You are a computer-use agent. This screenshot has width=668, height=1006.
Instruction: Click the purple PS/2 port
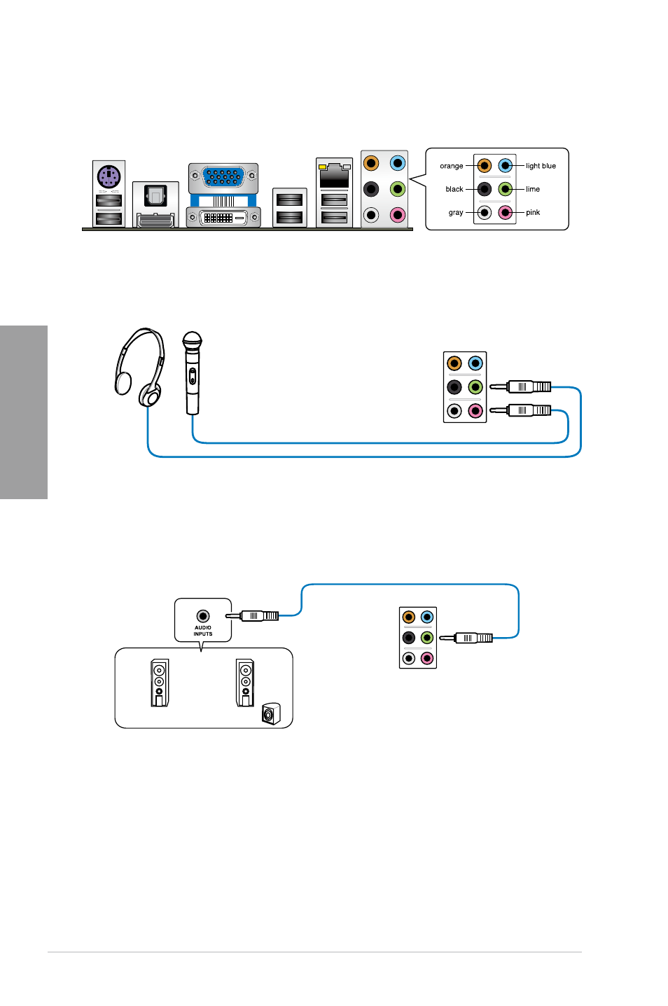tap(109, 176)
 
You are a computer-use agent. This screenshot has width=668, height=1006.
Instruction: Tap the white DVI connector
tap(223, 218)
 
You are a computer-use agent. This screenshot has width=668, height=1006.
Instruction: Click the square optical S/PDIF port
tap(155, 196)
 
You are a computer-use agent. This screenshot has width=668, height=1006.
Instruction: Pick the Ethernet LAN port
tap(334, 176)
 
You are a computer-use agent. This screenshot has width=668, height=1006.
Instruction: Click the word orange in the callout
tap(451, 166)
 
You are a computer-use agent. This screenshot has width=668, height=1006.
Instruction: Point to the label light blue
tap(541, 166)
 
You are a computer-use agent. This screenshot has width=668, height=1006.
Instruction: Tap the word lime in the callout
tap(533, 190)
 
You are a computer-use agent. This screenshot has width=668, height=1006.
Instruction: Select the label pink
tap(533, 213)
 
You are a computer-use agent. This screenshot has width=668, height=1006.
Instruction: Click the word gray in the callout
tap(456, 213)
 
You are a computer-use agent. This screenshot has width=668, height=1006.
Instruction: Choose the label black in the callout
tap(454, 190)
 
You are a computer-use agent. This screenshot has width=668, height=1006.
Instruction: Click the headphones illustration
tap(140, 368)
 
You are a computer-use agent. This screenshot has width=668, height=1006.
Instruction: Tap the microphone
tap(193, 372)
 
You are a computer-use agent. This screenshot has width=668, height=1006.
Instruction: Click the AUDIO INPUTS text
tap(202, 631)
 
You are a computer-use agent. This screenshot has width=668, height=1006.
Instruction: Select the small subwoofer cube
tap(271, 713)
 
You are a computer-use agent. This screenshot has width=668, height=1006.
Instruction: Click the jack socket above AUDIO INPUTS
tap(203, 616)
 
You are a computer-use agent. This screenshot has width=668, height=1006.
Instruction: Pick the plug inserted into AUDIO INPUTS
tap(252, 616)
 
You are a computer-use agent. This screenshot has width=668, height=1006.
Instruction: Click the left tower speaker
tap(160, 683)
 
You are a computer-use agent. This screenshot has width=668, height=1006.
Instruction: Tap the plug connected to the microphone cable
tap(520, 410)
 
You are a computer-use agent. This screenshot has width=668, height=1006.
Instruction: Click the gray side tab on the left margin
tap(24, 412)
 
